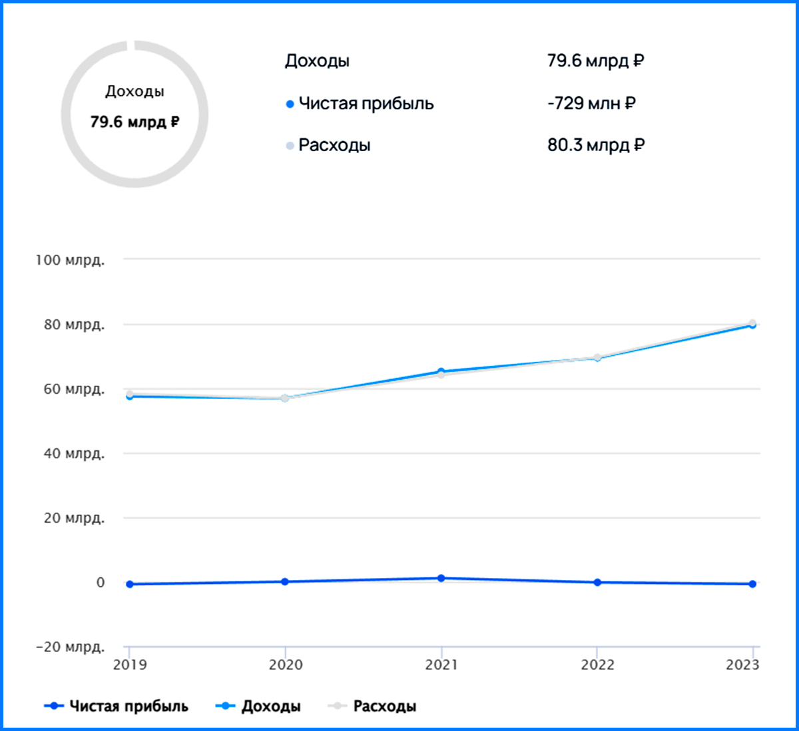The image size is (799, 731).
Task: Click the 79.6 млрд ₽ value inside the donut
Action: tap(134, 122)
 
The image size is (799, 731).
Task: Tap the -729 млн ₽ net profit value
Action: tap(591, 103)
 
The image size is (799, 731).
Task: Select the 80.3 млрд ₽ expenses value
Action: tap(596, 145)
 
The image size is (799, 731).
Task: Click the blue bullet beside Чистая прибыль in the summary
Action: tap(290, 104)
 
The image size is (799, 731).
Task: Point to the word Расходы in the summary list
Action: tap(334, 145)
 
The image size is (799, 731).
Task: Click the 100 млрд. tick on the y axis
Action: tap(70, 260)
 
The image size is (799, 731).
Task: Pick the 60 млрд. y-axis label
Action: tap(74, 389)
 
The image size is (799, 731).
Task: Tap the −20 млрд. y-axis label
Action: tap(70, 647)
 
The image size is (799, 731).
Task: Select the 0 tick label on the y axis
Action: tap(101, 583)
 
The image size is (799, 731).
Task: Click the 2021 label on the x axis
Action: tap(441, 665)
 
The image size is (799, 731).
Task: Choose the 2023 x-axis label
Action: tap(742, 665)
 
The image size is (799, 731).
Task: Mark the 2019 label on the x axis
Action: tap(130, 665)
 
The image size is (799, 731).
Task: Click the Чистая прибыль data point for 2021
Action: tap(441, 579)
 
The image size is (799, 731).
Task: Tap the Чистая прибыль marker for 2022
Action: tap(597, 582)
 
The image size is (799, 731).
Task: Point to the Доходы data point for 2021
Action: tap(441, 371)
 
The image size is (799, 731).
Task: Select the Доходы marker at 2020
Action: tap(285, 398)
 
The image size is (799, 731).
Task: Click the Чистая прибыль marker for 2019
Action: tap(130, 584)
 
